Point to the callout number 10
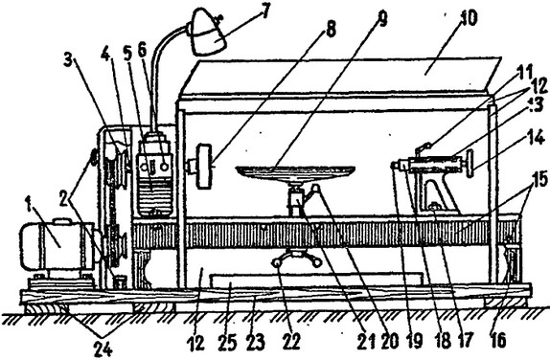[x=468, y=17]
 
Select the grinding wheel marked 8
[x=205, y=167]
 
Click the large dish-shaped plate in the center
[x=295, y=171]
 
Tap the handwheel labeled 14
[x=469, y=164]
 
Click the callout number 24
[x=103, y=348]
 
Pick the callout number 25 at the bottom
[x=228, y=342]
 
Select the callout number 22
[x=292, y=342]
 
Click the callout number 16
[x=498, y=340]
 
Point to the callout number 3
[x=69, y=60]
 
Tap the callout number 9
[x=382, y=18]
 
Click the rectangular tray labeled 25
[x=315, y=280]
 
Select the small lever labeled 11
[x=423, y=149]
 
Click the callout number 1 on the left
[x=29, y=204]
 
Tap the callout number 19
[x=415, y=341]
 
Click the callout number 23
[x=255, y=342]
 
